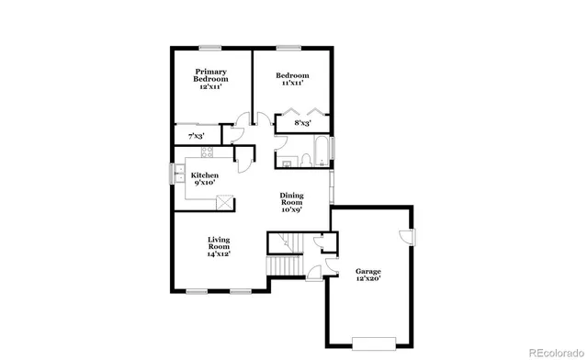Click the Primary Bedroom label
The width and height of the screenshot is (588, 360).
click(209, 79)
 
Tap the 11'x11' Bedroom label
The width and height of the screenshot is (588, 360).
click(294, 79)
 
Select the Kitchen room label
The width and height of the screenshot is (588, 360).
click(204, 178)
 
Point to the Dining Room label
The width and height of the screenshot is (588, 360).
click(292, 202)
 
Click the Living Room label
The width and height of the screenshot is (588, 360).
click(218, 247)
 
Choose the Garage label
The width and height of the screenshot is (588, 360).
click(367, 276)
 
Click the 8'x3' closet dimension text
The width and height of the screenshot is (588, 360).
click(302, 123)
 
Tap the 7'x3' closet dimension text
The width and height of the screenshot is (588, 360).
click(195, 136)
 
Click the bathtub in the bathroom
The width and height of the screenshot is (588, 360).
click(319, 150)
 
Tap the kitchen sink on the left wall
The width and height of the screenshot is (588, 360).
click(175, 174)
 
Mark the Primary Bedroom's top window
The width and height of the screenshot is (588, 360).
click(212, 47)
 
